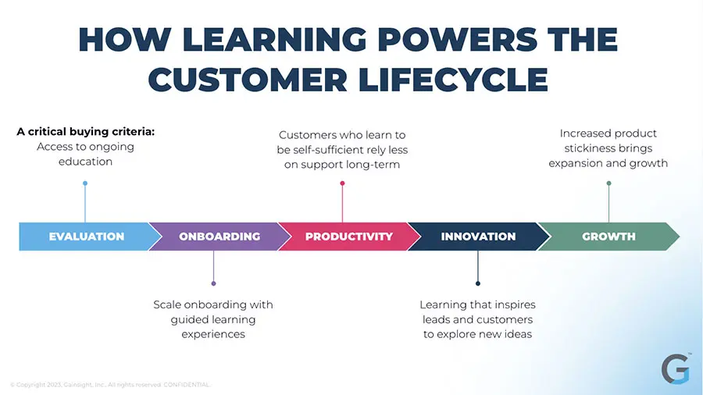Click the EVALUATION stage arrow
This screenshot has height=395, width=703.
[86, 237]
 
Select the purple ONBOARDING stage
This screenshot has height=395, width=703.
[219, 237]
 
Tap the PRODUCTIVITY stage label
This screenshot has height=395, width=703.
[348, 237]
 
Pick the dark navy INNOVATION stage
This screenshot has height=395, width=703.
[478, 237]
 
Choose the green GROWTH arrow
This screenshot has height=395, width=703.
[608, 237]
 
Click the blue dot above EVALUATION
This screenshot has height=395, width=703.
[85, 183]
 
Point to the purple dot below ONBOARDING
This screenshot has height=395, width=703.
[213, 283]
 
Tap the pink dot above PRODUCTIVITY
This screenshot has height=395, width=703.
[342, 183]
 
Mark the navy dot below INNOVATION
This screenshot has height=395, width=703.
[478, 283]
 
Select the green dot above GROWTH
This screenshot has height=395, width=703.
[608, 183]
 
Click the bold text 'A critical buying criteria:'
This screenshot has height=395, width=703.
[85, 132]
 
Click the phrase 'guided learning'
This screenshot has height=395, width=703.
[213, 319]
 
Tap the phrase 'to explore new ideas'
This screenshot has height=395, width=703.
[477, 334]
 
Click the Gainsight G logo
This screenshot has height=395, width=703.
[675, 368]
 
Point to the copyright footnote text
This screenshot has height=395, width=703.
[109, 384]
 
